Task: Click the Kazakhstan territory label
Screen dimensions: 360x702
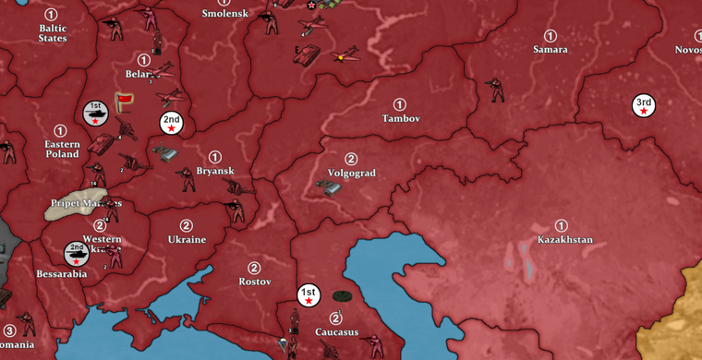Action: click(x=564, y=240)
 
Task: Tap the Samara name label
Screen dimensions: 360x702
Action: click(x=550, y=50)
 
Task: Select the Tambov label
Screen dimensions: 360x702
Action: click(x=401, y=119)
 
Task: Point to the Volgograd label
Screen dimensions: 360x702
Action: click(x=351, y=173)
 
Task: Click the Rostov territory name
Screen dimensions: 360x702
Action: click(x=255, y=282)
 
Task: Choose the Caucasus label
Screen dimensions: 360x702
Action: click(x=336, y=332)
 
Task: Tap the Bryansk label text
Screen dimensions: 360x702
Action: click(x=215, y=171)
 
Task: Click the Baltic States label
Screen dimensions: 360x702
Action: click(x=52, y=33)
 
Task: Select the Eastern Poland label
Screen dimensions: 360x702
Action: click(x=62, y=149)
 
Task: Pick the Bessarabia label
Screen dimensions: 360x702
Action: click(x=61, y=274)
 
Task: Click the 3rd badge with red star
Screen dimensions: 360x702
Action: click(x=643, y=106)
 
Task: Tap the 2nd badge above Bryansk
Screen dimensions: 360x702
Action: click(x=171, y=123)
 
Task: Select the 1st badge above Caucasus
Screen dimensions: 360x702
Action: click(x=309, y=295)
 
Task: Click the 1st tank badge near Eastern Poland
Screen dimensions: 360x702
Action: click(x=94, y=113)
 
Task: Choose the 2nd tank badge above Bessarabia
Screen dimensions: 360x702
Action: click(x=77, y=253)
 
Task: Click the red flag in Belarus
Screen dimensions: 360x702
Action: click(x=124, y=99)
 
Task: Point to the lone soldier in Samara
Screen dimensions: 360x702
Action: click(x=498, y=90)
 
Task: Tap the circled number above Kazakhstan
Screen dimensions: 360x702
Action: click(x=561, y=226)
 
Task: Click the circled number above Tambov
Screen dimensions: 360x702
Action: click(x=399, y=105)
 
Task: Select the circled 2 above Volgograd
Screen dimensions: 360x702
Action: click(x=351, y=159)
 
